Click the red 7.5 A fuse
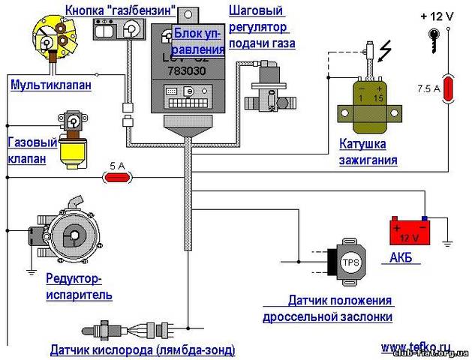pyautogui.click(x=449, y=88)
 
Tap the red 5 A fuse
pyautogui.click(x=116, y=178)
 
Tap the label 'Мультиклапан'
pyautogui.click(x=51, y=85)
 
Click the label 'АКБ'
pyautogui.click(x=401, y=259)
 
